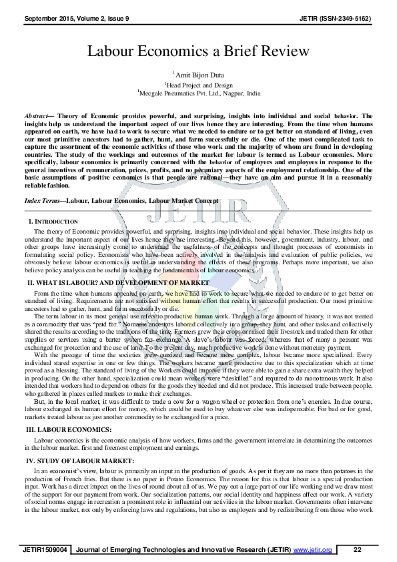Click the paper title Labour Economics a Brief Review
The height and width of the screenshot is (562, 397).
click(198, 51)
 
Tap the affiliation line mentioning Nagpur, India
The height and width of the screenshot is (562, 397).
click(198, 95)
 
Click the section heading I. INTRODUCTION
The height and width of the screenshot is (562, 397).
click(53, 221)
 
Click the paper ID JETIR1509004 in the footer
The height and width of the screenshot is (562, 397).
click(45, 549)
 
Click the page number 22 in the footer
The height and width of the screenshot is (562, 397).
click(358, 549)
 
